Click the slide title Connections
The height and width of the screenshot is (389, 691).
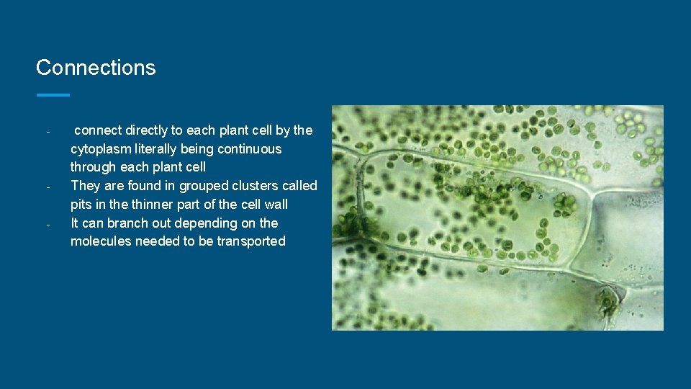(96, 68)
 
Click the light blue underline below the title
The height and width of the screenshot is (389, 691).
(53, 94)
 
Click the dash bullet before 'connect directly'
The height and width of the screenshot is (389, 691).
(47, 133)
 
